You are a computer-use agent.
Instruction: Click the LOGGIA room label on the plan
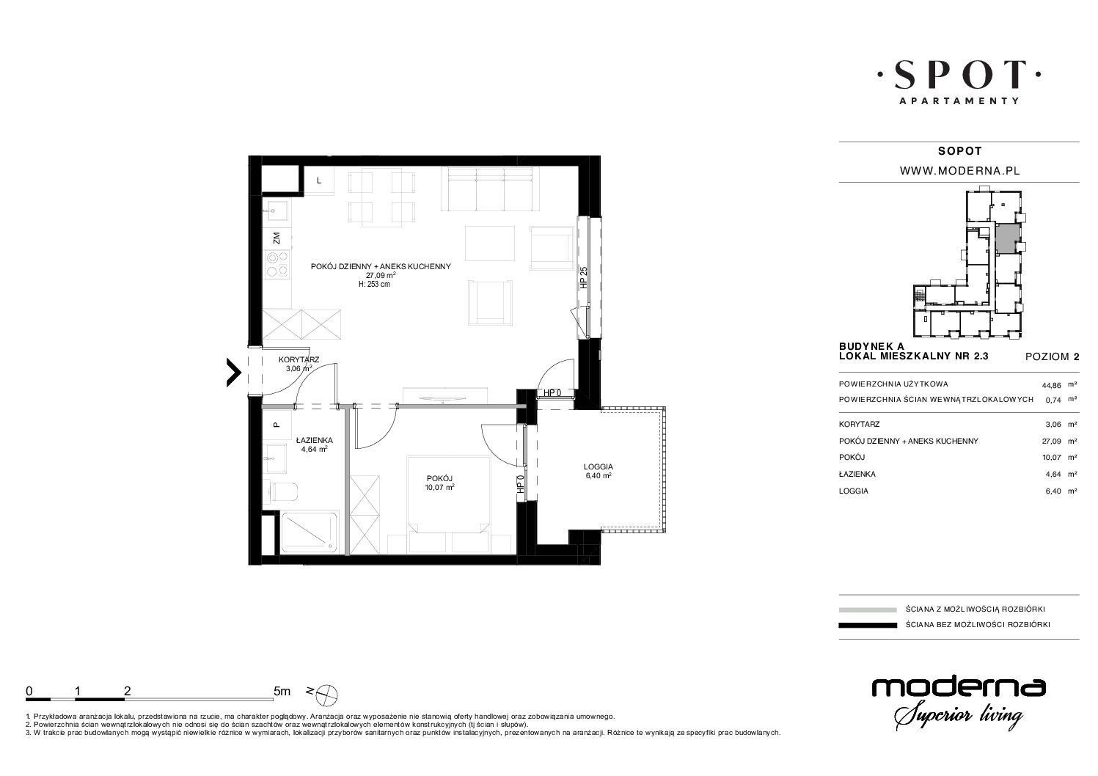click(x=598, y=466)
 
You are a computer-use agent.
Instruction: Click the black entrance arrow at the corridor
click(x=234, y=373)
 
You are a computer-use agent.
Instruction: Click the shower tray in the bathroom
click(x=310, y=533)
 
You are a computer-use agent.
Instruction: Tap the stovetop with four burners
click(x=277, y=264)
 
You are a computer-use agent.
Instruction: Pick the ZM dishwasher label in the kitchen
click(x=277, y=238)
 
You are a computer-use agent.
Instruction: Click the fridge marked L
click(x=319, y=181)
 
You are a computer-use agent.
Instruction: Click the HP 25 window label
click(x=583, y=277)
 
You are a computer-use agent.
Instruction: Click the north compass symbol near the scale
click(x=326, y=694)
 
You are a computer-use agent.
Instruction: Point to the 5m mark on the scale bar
click(x=282, y=691)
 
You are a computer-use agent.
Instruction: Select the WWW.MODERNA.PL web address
click(x=959, y=171)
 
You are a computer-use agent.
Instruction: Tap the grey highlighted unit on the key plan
click(x=1008, y=238)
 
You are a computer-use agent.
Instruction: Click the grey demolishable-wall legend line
click(x=868, y=610)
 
